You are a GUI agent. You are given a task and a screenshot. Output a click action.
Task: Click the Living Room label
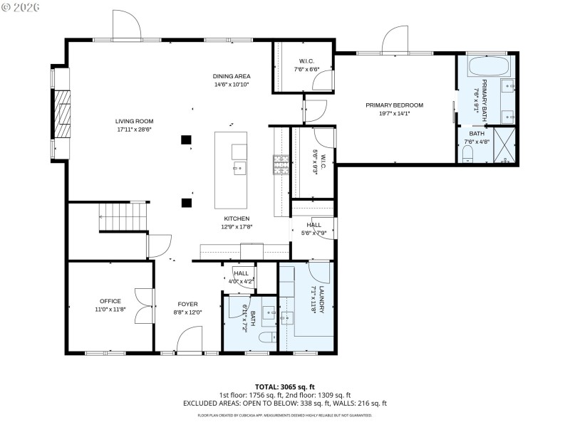(x=135, y=121)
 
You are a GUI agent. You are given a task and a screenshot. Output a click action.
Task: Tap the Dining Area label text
(x=232, y=76)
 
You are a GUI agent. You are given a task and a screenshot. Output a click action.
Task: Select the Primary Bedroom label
(x=394, y=105)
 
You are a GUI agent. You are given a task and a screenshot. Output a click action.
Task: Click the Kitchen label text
(x=237, y=218)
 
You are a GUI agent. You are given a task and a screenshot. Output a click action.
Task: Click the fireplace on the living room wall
(x=63, y=112)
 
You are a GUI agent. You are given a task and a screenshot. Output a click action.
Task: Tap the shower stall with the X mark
(x=504, y=145)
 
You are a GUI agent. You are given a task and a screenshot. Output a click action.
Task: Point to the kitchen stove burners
(x=280, y=164)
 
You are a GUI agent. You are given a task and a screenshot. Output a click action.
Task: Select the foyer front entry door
(x=190, y=340)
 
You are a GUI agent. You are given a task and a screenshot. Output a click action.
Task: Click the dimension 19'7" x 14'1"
(x=394, y=112)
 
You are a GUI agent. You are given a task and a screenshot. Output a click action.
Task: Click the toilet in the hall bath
(x=266, y=338)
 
